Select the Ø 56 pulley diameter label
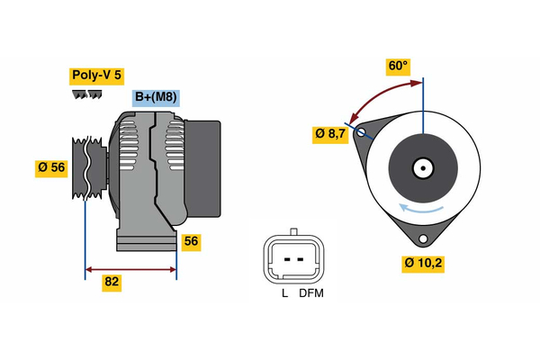coord(51,168)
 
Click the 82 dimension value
coord(112,282)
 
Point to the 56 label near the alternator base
coord(190,241)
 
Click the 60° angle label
coord(398,66)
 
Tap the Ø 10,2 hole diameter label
coord(423,264)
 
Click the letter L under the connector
coord(283,292)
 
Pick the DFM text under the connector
coord(310,292)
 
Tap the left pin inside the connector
coord(284,259)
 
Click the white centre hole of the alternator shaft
coord(423,167)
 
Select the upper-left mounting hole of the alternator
coord(363,133)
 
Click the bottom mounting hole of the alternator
coord(422,238)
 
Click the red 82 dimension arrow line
coord(130,268)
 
